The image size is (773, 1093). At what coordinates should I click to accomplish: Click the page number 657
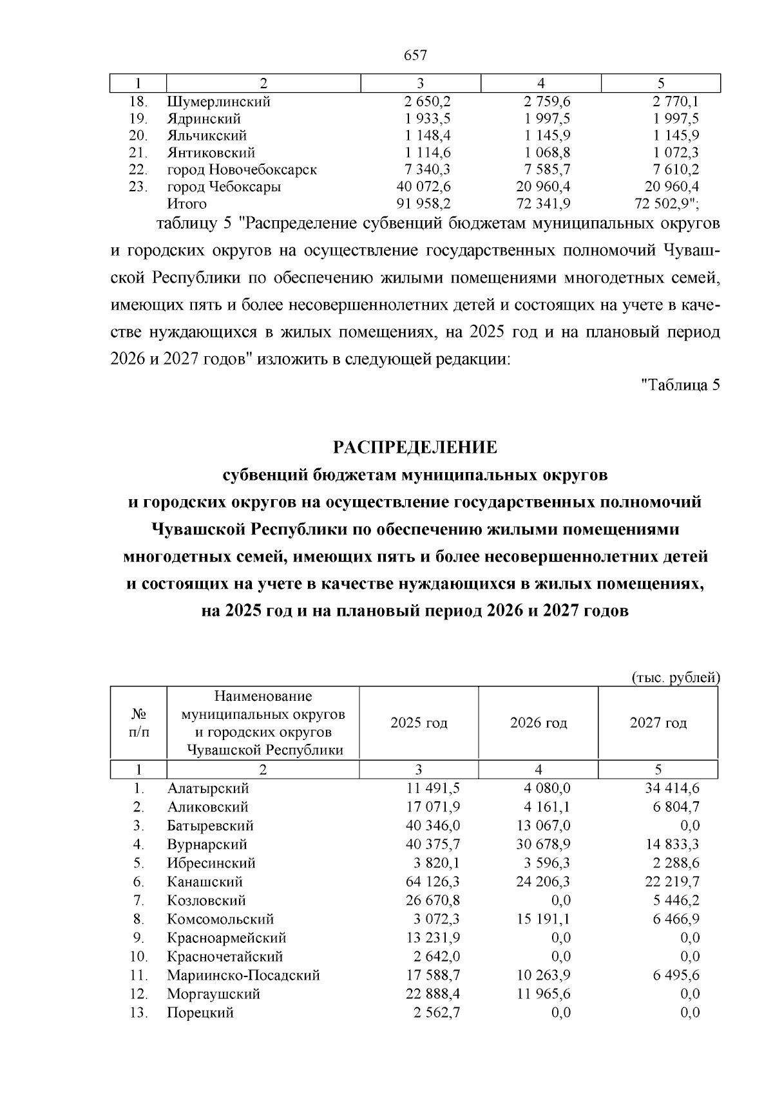click(415, 55)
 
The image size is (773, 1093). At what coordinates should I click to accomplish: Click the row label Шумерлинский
click(218, 102)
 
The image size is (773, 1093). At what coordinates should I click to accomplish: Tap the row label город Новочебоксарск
click(242, 170)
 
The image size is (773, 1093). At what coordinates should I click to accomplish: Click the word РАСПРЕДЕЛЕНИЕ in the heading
click(415, 447)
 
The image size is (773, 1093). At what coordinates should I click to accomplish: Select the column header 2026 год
click(539, 723)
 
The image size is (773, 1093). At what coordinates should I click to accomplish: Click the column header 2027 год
click(658, 723)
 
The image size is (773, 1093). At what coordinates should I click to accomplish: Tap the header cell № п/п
click(139, 723)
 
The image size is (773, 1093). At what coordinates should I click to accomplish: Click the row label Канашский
click(205, 882)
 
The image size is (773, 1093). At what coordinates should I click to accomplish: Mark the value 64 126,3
click(433, 882)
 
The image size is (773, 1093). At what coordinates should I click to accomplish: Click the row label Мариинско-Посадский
click(243, 975)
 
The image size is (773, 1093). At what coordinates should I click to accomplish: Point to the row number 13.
click(139, 1012)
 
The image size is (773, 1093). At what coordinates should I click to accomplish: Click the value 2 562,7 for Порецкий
click(437, 1012)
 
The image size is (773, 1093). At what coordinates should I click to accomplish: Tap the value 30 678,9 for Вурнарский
click(543, 844)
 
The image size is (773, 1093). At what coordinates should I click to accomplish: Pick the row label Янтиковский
click(211, 153)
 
